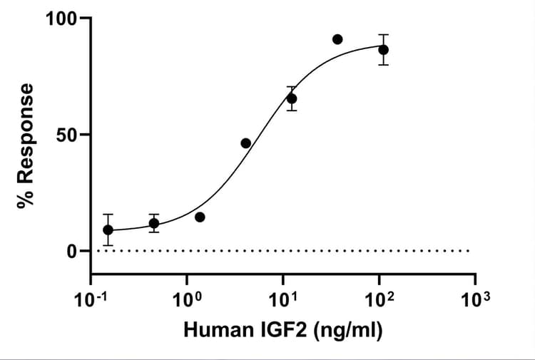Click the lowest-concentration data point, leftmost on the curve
click(108, 230)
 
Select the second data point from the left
click(153, 223)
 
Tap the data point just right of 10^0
click(200, 217)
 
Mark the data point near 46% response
click(245, 143)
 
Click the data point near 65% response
click(292, 98)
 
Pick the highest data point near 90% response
click(337, 39)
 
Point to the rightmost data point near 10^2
click(384, 49)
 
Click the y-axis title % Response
click(27, 145)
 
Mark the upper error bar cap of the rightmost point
click(384, 34)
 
